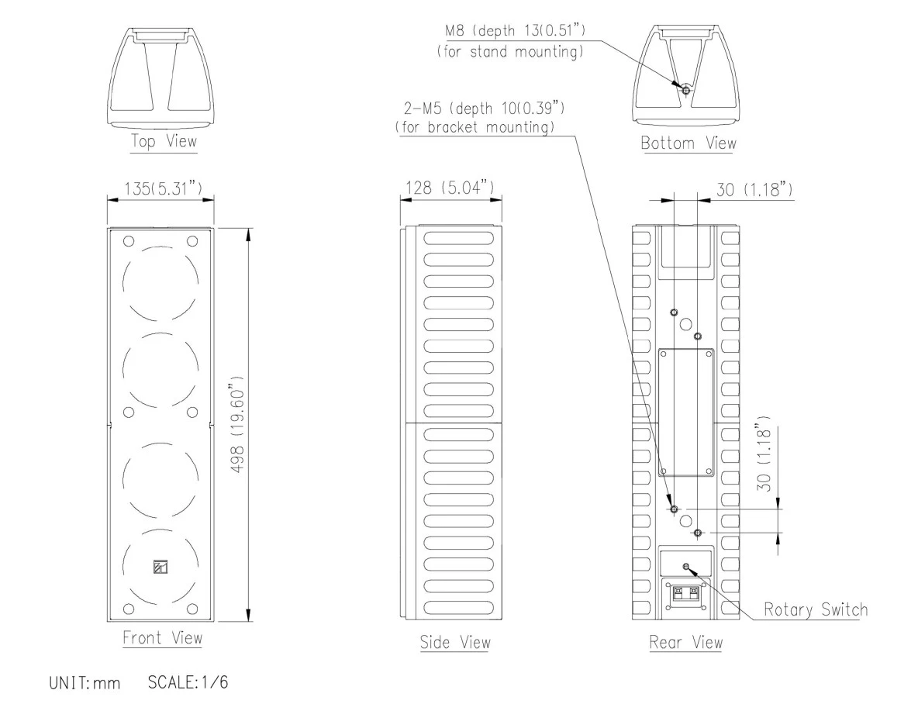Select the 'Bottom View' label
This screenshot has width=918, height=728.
pos(688,143)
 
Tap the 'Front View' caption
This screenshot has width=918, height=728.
pos(162,638)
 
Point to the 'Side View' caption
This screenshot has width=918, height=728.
pos(454,642)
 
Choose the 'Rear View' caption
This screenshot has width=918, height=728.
pos(685,642)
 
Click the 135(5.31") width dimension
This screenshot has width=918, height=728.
pos(160,187)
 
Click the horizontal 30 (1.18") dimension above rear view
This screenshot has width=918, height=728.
pos(754,188)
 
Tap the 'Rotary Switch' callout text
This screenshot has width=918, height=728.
pos(815,609)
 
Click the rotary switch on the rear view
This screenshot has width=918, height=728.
pos(685,567)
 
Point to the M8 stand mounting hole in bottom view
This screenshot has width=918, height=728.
pos(685,89)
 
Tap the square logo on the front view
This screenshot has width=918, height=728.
pos(160,566)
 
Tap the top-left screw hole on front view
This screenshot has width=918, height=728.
pos(129,240)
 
